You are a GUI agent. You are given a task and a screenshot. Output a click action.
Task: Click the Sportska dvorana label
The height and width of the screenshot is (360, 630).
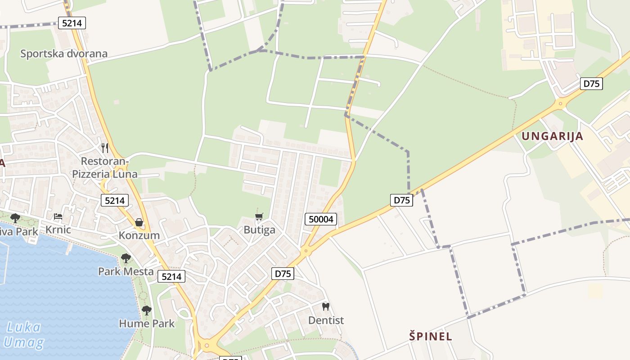tap(64, 54)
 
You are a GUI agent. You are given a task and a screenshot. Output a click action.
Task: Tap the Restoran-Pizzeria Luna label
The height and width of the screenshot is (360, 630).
tap(105, 167)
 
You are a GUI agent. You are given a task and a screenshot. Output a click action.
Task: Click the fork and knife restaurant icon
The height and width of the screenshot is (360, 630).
tap(105, 148)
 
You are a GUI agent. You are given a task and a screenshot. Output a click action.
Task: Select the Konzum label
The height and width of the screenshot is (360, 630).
tap(139, 235)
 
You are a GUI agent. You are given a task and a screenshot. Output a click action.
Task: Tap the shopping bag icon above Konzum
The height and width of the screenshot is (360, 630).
tap(139, 222)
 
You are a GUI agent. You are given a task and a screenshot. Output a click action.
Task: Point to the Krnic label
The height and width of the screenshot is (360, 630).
tap(58, 229)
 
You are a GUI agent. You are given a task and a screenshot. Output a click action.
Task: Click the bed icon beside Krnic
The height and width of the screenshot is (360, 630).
tap(58, 216)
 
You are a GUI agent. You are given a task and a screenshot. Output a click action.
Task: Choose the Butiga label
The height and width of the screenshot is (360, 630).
tap(259, 230)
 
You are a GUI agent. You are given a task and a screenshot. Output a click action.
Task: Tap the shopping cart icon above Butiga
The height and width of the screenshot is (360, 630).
tap(259, 217)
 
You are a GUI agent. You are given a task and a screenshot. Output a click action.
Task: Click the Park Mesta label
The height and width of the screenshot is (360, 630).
tap(126, 272)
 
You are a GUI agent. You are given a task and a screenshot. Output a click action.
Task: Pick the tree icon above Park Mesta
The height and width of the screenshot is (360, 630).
tap(126, 258)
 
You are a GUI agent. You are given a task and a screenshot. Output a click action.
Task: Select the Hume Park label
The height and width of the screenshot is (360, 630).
tap(147, 323)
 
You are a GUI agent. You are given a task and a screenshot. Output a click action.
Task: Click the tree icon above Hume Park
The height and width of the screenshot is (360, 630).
tap(146, 310)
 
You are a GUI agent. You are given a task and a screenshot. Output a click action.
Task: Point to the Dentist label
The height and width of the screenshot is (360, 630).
tap(326, 320)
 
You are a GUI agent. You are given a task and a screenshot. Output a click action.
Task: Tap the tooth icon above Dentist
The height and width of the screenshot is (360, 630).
tap(326, 307)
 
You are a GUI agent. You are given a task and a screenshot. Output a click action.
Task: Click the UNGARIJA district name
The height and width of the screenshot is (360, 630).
tap(552, 136)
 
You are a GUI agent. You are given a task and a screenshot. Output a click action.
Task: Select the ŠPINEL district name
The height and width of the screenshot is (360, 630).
tap(431, 336)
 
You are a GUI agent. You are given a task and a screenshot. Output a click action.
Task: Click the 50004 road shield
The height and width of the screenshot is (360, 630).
tap(321, 219)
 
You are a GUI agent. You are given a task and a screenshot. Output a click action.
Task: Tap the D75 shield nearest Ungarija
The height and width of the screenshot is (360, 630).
tap(591, 84)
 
